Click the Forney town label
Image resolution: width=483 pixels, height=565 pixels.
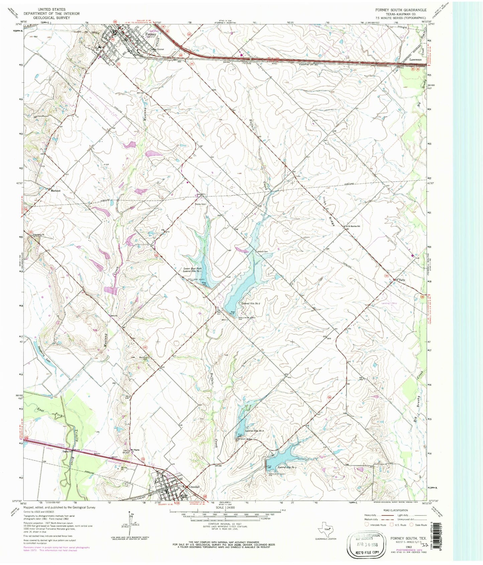150,34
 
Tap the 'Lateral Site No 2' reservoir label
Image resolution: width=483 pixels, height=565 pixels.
251,303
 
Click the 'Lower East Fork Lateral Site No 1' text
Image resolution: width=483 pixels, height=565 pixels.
193,270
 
